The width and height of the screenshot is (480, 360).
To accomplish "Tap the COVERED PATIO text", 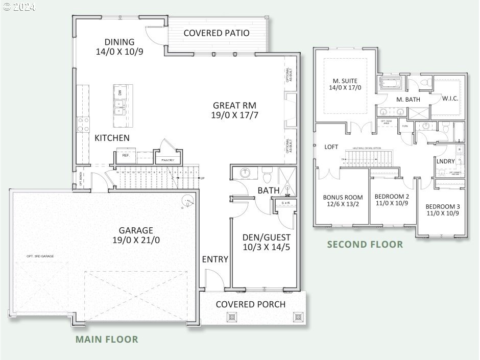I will pos(216,33).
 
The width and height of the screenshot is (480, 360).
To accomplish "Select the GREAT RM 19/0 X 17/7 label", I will pos(234,110).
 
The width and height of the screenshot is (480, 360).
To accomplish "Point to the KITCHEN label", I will pos(112,138).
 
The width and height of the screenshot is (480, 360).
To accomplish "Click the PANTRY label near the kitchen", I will pos(169,160).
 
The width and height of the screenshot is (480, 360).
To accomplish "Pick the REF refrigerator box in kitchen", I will pos(125,155).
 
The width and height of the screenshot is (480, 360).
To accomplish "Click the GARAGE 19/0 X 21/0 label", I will pos(136,235).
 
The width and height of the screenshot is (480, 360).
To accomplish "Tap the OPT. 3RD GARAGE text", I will pos(40,256).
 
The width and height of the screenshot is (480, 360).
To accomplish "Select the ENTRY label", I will pos(215,259).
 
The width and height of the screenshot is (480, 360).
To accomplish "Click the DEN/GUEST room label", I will pos(266,242).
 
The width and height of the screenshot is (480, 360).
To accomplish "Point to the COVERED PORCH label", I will pos(250,304).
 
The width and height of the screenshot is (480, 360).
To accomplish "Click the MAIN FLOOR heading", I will pos(107,339).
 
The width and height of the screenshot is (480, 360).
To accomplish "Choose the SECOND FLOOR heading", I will pos(365,244).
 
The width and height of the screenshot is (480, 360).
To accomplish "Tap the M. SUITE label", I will pos(345,84).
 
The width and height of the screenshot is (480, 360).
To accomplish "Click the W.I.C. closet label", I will pos(451,98).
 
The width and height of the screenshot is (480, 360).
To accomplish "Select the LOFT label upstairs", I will pos(331,147).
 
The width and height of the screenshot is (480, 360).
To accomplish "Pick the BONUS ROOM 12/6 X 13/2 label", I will pos(343,201).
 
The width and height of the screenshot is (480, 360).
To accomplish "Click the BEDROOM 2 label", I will pos(392,200).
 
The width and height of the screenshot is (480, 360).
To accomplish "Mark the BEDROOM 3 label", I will pos(443,210).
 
